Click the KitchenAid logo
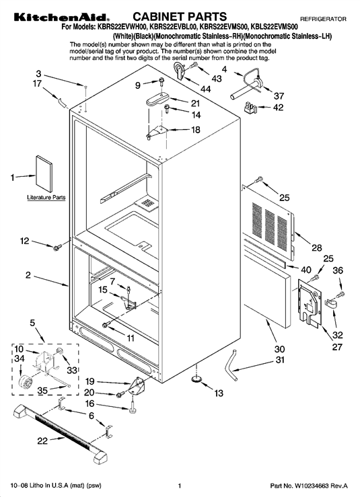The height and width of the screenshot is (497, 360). tap(61, 17)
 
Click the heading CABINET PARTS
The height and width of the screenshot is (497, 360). tap(180, 17)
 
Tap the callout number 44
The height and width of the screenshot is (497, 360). tap(205, 89)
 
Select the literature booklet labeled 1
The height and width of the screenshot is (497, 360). tap(44, 174)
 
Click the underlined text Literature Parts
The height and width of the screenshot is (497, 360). tap(46, 198)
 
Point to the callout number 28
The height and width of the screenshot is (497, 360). tap(316, 247)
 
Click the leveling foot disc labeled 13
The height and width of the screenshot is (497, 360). tap(196, 379)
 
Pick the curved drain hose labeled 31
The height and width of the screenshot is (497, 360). tap(231, 365)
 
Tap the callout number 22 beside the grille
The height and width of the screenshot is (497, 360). tap(42, 441)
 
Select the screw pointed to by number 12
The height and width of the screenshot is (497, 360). tap(57, 248)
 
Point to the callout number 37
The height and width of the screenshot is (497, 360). tap(279, 95)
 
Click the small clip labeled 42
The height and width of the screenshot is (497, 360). tap(249, 108)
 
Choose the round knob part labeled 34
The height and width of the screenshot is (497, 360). tap(24, 381)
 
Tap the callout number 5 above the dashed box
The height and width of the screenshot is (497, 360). tap(32, 323)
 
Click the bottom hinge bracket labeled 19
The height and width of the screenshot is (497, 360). tap(137, 385)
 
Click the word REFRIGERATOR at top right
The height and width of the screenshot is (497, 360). tap(323, 19)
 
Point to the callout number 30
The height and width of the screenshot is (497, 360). tap(279, 349)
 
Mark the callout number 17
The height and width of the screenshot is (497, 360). tap(38, 84)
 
